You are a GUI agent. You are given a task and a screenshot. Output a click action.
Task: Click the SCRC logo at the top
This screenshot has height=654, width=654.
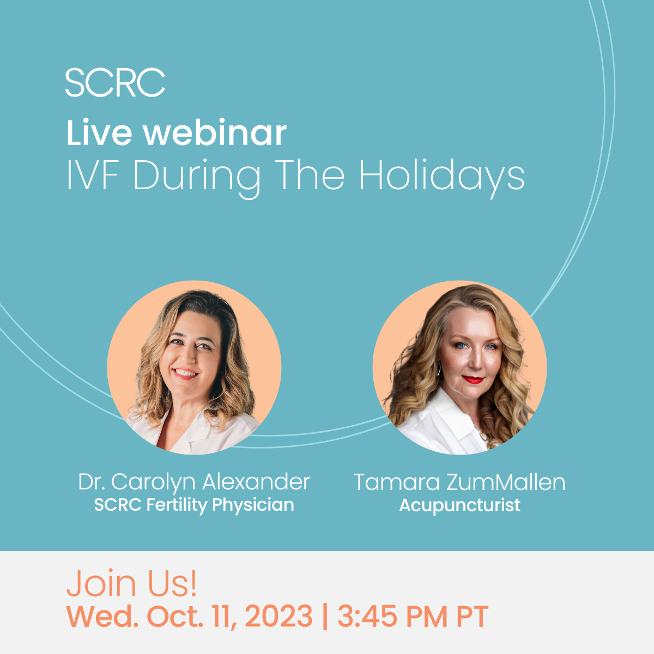115,82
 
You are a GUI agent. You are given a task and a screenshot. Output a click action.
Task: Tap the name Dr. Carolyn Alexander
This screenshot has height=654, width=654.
194,482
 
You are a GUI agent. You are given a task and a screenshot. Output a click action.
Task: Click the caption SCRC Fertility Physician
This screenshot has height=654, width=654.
194,505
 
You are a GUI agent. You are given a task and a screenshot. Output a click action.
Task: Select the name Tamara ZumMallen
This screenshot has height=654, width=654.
459,482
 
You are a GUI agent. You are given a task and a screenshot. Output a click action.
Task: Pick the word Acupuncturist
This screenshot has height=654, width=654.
459,505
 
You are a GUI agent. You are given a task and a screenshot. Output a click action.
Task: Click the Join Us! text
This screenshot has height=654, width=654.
131,583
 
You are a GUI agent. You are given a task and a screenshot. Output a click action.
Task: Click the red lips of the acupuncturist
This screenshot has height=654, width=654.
473,379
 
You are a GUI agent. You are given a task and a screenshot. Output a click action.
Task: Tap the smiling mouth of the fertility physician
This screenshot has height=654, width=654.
185,373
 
